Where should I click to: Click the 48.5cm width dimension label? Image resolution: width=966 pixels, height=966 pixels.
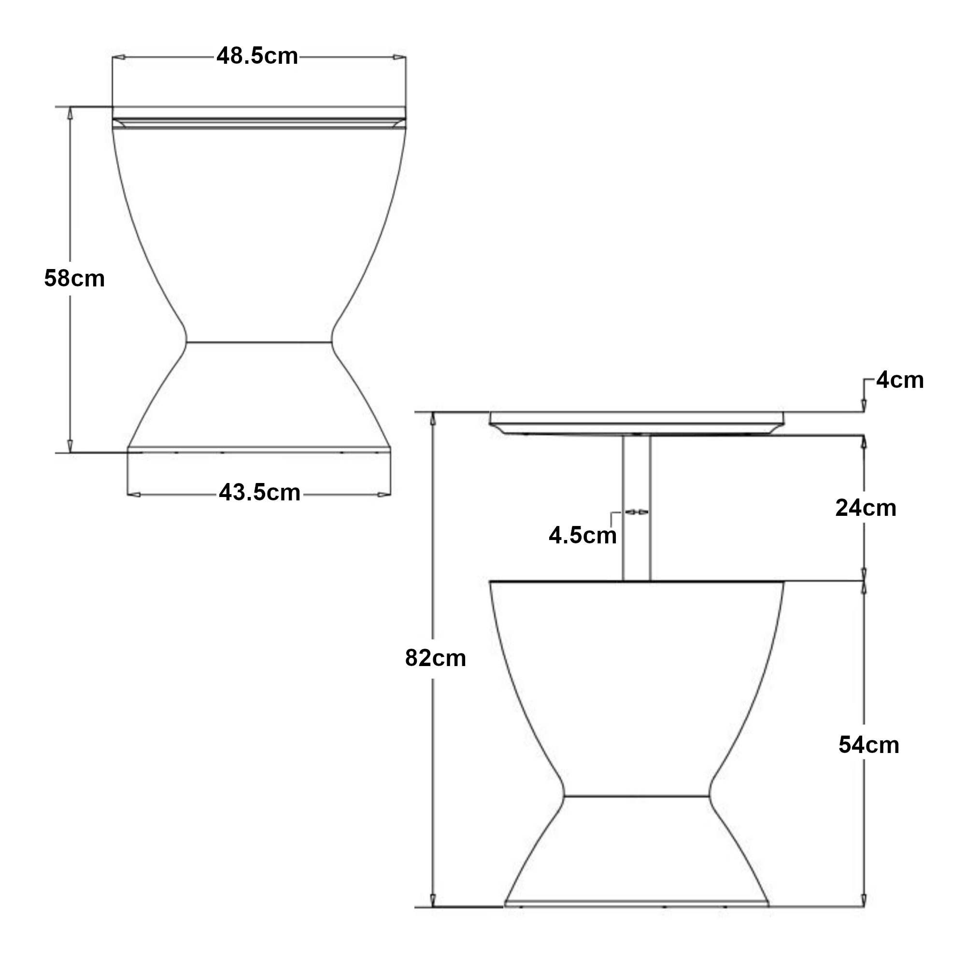pyautogui.click(x=257, y=56)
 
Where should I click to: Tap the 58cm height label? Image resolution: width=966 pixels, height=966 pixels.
pyautogui.click(x=74, y=279)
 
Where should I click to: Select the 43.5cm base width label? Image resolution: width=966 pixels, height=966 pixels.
pyautogui.click(x=259, y=493)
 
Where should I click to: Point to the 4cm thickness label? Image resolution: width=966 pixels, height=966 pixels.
pyautogui.click(x=899, y=381)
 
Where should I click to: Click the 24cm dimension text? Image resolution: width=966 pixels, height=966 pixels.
pyautogui.click(x=866, y=509)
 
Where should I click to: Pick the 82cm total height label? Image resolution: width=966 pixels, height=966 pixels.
pyautogui.click(x=436, y=658)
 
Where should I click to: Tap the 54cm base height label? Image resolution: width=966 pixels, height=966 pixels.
pyautogui.click(x=868, y=745)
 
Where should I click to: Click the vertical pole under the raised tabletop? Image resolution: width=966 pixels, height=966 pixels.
pyautogui.click(x=637, y=508)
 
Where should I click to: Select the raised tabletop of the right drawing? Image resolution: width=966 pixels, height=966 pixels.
pyautogui.click(x=636, y=423)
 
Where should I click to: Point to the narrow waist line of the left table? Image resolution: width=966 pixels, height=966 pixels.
pyautogui.click(x=259, y=342)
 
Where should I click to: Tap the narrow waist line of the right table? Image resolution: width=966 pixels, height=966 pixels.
pyautogui.click(x=636, y=796)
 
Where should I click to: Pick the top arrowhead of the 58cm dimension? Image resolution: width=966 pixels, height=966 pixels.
pyautogui.click(x=71, y=114)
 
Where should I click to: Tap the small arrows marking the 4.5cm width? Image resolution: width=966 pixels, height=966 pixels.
pyautogui.click(x=637, y=512)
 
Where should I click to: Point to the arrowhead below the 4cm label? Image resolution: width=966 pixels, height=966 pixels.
pyautogui.click(x=865, y=406)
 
